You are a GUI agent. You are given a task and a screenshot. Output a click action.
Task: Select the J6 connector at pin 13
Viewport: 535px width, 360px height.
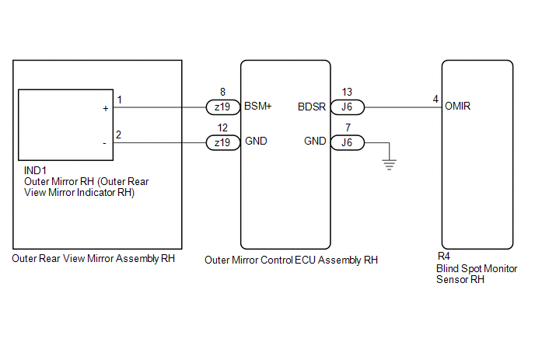pos(347,107)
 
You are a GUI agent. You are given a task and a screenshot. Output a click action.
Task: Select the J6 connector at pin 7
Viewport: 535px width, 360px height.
pos(347,142)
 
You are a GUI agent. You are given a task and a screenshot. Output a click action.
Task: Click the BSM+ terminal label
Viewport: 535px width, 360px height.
pos(258,107)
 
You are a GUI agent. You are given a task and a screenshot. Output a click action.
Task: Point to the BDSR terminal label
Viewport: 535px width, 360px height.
pos(312,107)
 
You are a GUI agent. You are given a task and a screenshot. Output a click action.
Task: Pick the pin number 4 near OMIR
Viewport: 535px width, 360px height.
pos(435,100)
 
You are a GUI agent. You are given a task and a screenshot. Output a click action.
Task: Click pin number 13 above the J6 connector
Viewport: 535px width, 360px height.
pos(347,92)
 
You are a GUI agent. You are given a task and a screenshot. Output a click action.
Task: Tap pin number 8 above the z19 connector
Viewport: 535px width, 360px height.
pos(223,92)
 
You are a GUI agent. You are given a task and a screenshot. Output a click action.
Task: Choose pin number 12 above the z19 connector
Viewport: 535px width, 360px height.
pos(223,127)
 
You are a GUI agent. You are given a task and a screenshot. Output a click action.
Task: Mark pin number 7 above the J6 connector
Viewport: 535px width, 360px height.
pos(347,127)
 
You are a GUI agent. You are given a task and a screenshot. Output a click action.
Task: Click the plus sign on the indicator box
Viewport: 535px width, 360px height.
pos(105,109)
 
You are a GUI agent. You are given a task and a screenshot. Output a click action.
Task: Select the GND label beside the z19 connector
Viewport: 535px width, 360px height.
pos(256,142)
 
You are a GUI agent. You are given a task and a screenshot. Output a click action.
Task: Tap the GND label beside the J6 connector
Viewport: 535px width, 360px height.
pos(314,142)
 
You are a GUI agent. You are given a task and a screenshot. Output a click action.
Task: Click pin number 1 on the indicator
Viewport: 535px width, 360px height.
pos(119,100)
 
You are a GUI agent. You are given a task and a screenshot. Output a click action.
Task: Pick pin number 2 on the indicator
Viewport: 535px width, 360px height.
pos(119,135)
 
